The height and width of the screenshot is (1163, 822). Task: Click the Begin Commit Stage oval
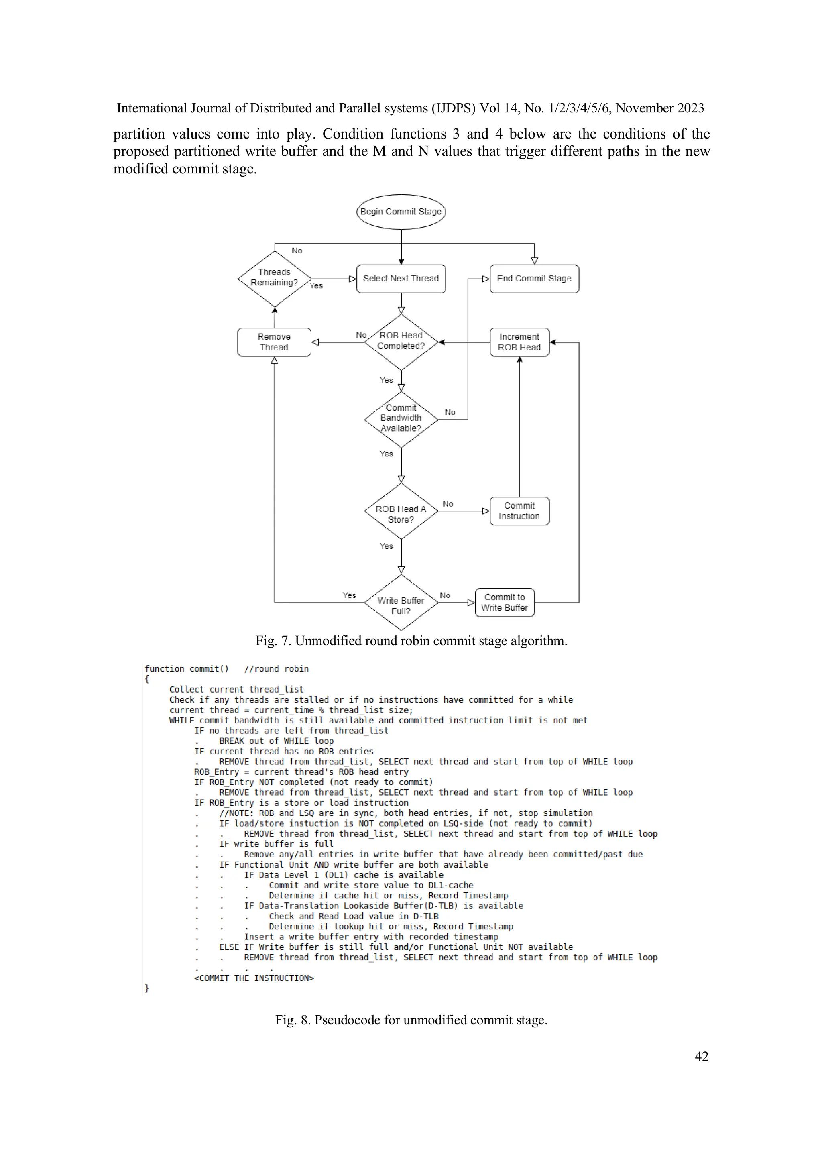401,212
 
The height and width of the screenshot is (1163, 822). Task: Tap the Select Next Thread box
401,279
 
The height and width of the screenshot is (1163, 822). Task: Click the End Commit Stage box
534,279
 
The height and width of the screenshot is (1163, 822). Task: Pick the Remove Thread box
274,342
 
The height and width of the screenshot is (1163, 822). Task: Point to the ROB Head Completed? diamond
401,341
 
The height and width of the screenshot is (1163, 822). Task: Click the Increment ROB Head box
519,342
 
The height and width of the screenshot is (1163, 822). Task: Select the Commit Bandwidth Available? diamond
401,418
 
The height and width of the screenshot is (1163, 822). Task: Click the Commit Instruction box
519,511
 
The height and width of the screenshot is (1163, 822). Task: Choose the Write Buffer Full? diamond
401,603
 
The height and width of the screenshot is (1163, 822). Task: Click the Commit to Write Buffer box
505,602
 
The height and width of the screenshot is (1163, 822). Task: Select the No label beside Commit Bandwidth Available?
450,412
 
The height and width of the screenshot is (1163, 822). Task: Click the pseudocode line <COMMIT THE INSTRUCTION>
254,978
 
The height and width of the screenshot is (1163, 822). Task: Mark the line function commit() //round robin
226,669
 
